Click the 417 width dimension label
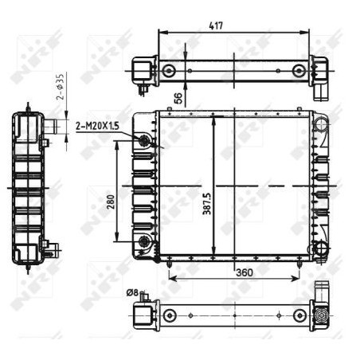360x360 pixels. (x=216, y=25)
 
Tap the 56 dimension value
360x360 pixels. (x=178, y=98)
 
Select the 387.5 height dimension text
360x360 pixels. (x=206, y=204)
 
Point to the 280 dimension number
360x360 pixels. (x=111, y=202)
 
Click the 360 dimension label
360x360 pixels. (x=245, y=272)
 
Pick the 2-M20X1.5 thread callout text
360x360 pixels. (x=97, y=126)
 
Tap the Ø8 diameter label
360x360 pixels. (x=132, y=292)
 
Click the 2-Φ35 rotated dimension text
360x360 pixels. (x=61, y=87)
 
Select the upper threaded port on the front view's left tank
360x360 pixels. (x=144, y=139)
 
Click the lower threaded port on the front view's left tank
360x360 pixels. (x=144, y=241)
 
